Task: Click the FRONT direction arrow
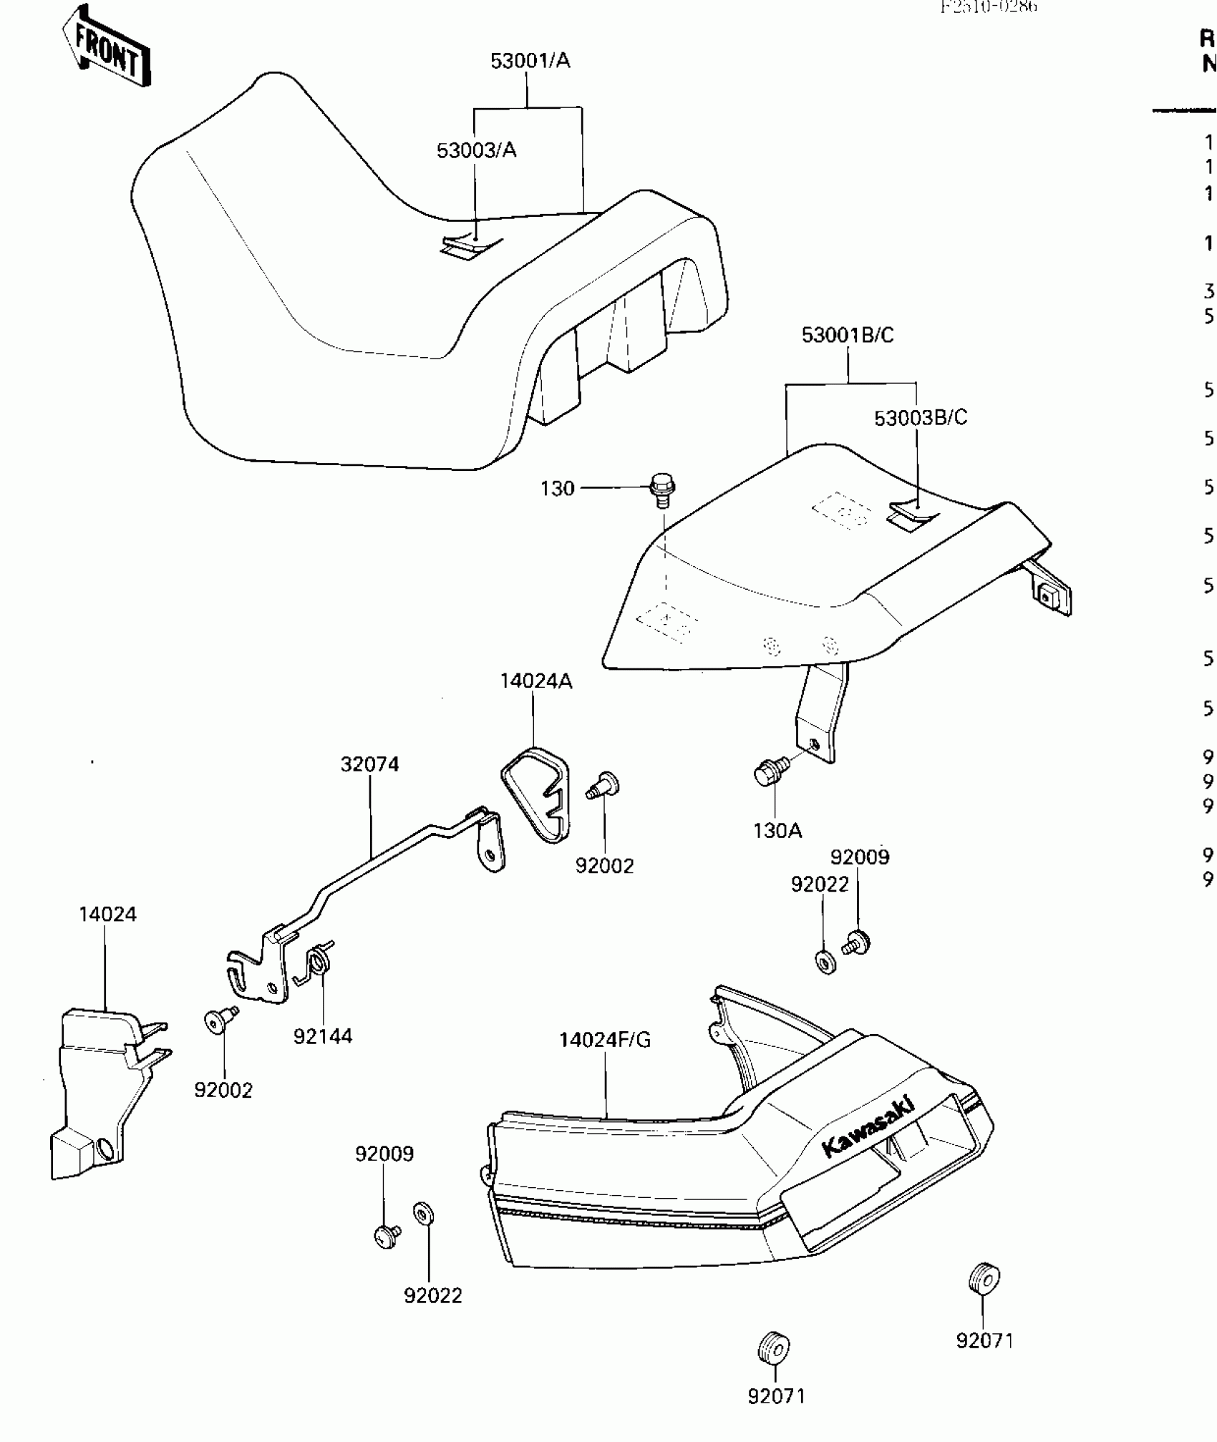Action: tap(107, 47)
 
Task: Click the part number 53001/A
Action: tap(530, 61)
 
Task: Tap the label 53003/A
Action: tap(476, 150)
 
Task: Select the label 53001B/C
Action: tap(848, 335)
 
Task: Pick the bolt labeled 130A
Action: tap(770, 771)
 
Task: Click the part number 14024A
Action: tap(535, 681)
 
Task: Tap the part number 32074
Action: tap(369, 764)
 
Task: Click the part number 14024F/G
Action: tap(605, 1040)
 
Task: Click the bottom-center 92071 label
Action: tap(777, 1396)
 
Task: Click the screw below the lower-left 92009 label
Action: tap(387, 1235)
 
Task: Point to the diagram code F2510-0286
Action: tap(988, 7)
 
